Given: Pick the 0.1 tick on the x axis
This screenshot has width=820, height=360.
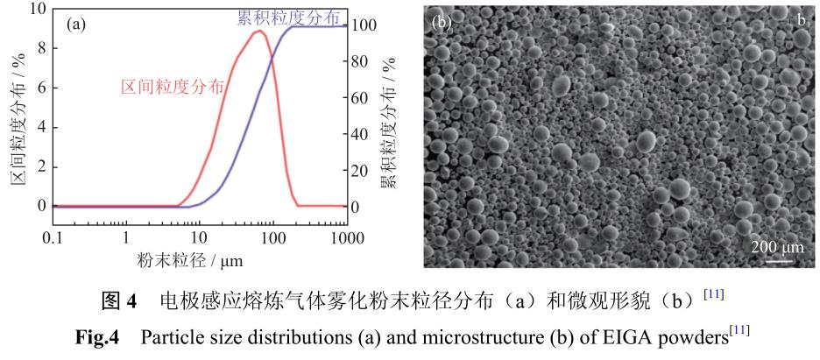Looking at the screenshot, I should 53,236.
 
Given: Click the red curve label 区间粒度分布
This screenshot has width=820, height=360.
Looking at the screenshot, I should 172,86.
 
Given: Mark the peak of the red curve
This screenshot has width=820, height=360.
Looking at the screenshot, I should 259,32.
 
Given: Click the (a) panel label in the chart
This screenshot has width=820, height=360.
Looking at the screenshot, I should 76,25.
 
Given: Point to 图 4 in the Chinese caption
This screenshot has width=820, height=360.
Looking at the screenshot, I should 121,303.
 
